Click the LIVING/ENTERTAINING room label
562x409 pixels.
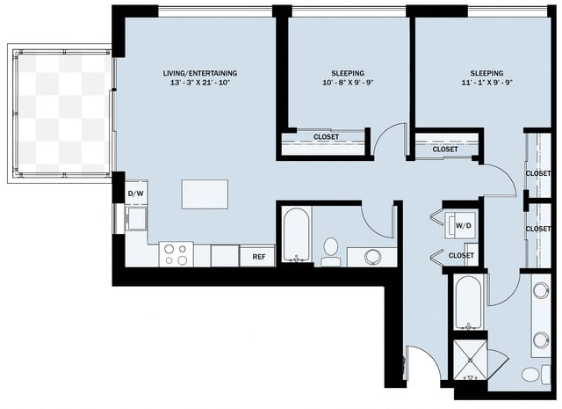click(x=200, y=73)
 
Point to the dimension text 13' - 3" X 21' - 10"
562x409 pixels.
click(x=200, y=84)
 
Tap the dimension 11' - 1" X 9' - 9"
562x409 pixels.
click(x=486, y=85)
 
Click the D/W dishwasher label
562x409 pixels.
click(x=135, y=194)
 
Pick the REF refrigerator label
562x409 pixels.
click(x=259, y=257)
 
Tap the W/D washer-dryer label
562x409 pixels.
click(x=463, y=226)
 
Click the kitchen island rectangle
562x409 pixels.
click(x=205, y=194)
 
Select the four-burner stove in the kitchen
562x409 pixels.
click(x=177, y=254)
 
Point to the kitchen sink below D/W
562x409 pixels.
click(x=135, y=218)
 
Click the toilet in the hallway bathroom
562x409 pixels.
click(x=331, y=250)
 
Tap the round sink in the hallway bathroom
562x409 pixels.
click(x=374, y=257)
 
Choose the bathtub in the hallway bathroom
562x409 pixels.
click(x=295, y=235)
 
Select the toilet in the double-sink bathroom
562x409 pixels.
click(x=532, y=375)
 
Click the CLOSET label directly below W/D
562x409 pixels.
click(x=461, y=256)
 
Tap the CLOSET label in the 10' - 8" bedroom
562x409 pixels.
click(x=326, y=137)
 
